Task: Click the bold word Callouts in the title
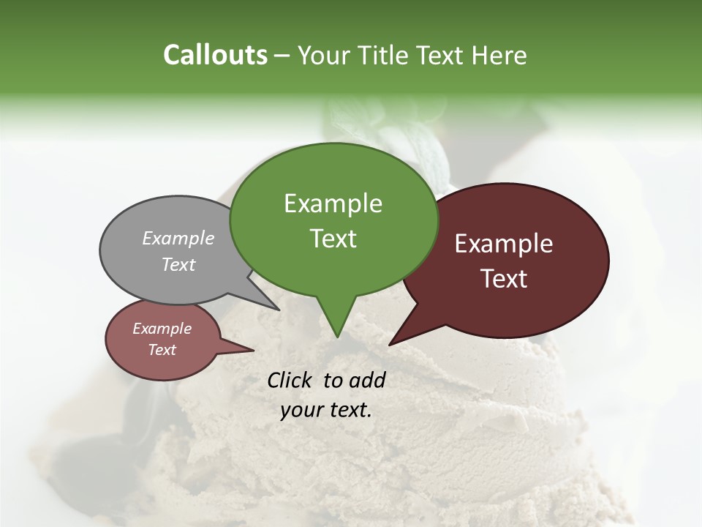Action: click(215, 55)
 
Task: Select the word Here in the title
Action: click(499, 55)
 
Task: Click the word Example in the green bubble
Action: click(333, 203)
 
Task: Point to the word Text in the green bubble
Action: click(333, 238)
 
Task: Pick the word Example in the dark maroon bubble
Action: click(504, 244)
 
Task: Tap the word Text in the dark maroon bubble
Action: click(504, 278)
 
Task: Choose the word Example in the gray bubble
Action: click(178, 238)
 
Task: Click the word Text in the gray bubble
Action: click(178, 264)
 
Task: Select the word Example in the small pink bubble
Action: click(162, 329)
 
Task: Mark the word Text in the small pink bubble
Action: click(162, 350)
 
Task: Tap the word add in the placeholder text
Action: click(368, 380)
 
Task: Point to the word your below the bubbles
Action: click(301, 410)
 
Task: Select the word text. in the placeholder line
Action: click(350, 410)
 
